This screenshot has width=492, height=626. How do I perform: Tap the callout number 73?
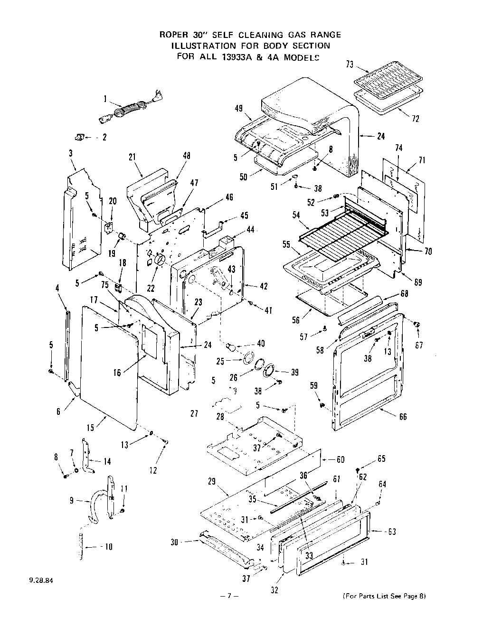[350, 64]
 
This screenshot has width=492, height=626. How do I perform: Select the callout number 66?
[403, 417]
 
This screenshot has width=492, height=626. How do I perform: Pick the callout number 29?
[212, 481]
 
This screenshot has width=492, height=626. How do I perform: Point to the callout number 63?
[392, 532]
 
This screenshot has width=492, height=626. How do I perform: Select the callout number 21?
[132, 157]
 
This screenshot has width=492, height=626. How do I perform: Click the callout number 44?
[250, 230]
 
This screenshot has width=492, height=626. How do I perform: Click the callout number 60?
[341, 459]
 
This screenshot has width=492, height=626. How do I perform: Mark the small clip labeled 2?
[79, 137]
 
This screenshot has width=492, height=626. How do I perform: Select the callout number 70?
[428, 252]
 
